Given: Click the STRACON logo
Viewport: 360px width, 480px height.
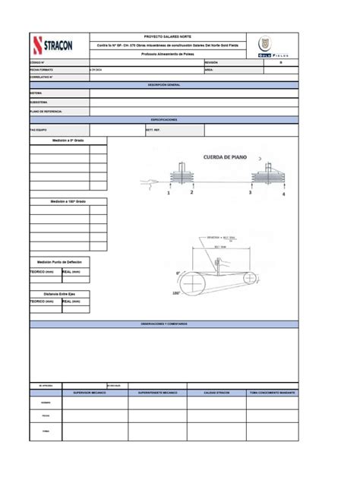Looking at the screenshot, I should click(58, 45).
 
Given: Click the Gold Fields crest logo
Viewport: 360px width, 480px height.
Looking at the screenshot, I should click(264, 44).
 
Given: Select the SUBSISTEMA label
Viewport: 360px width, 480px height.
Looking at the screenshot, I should click(39, 102).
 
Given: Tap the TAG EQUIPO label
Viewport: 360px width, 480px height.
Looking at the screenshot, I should click(39, 130).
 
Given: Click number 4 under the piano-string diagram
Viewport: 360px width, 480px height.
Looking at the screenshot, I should click(284, 194).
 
